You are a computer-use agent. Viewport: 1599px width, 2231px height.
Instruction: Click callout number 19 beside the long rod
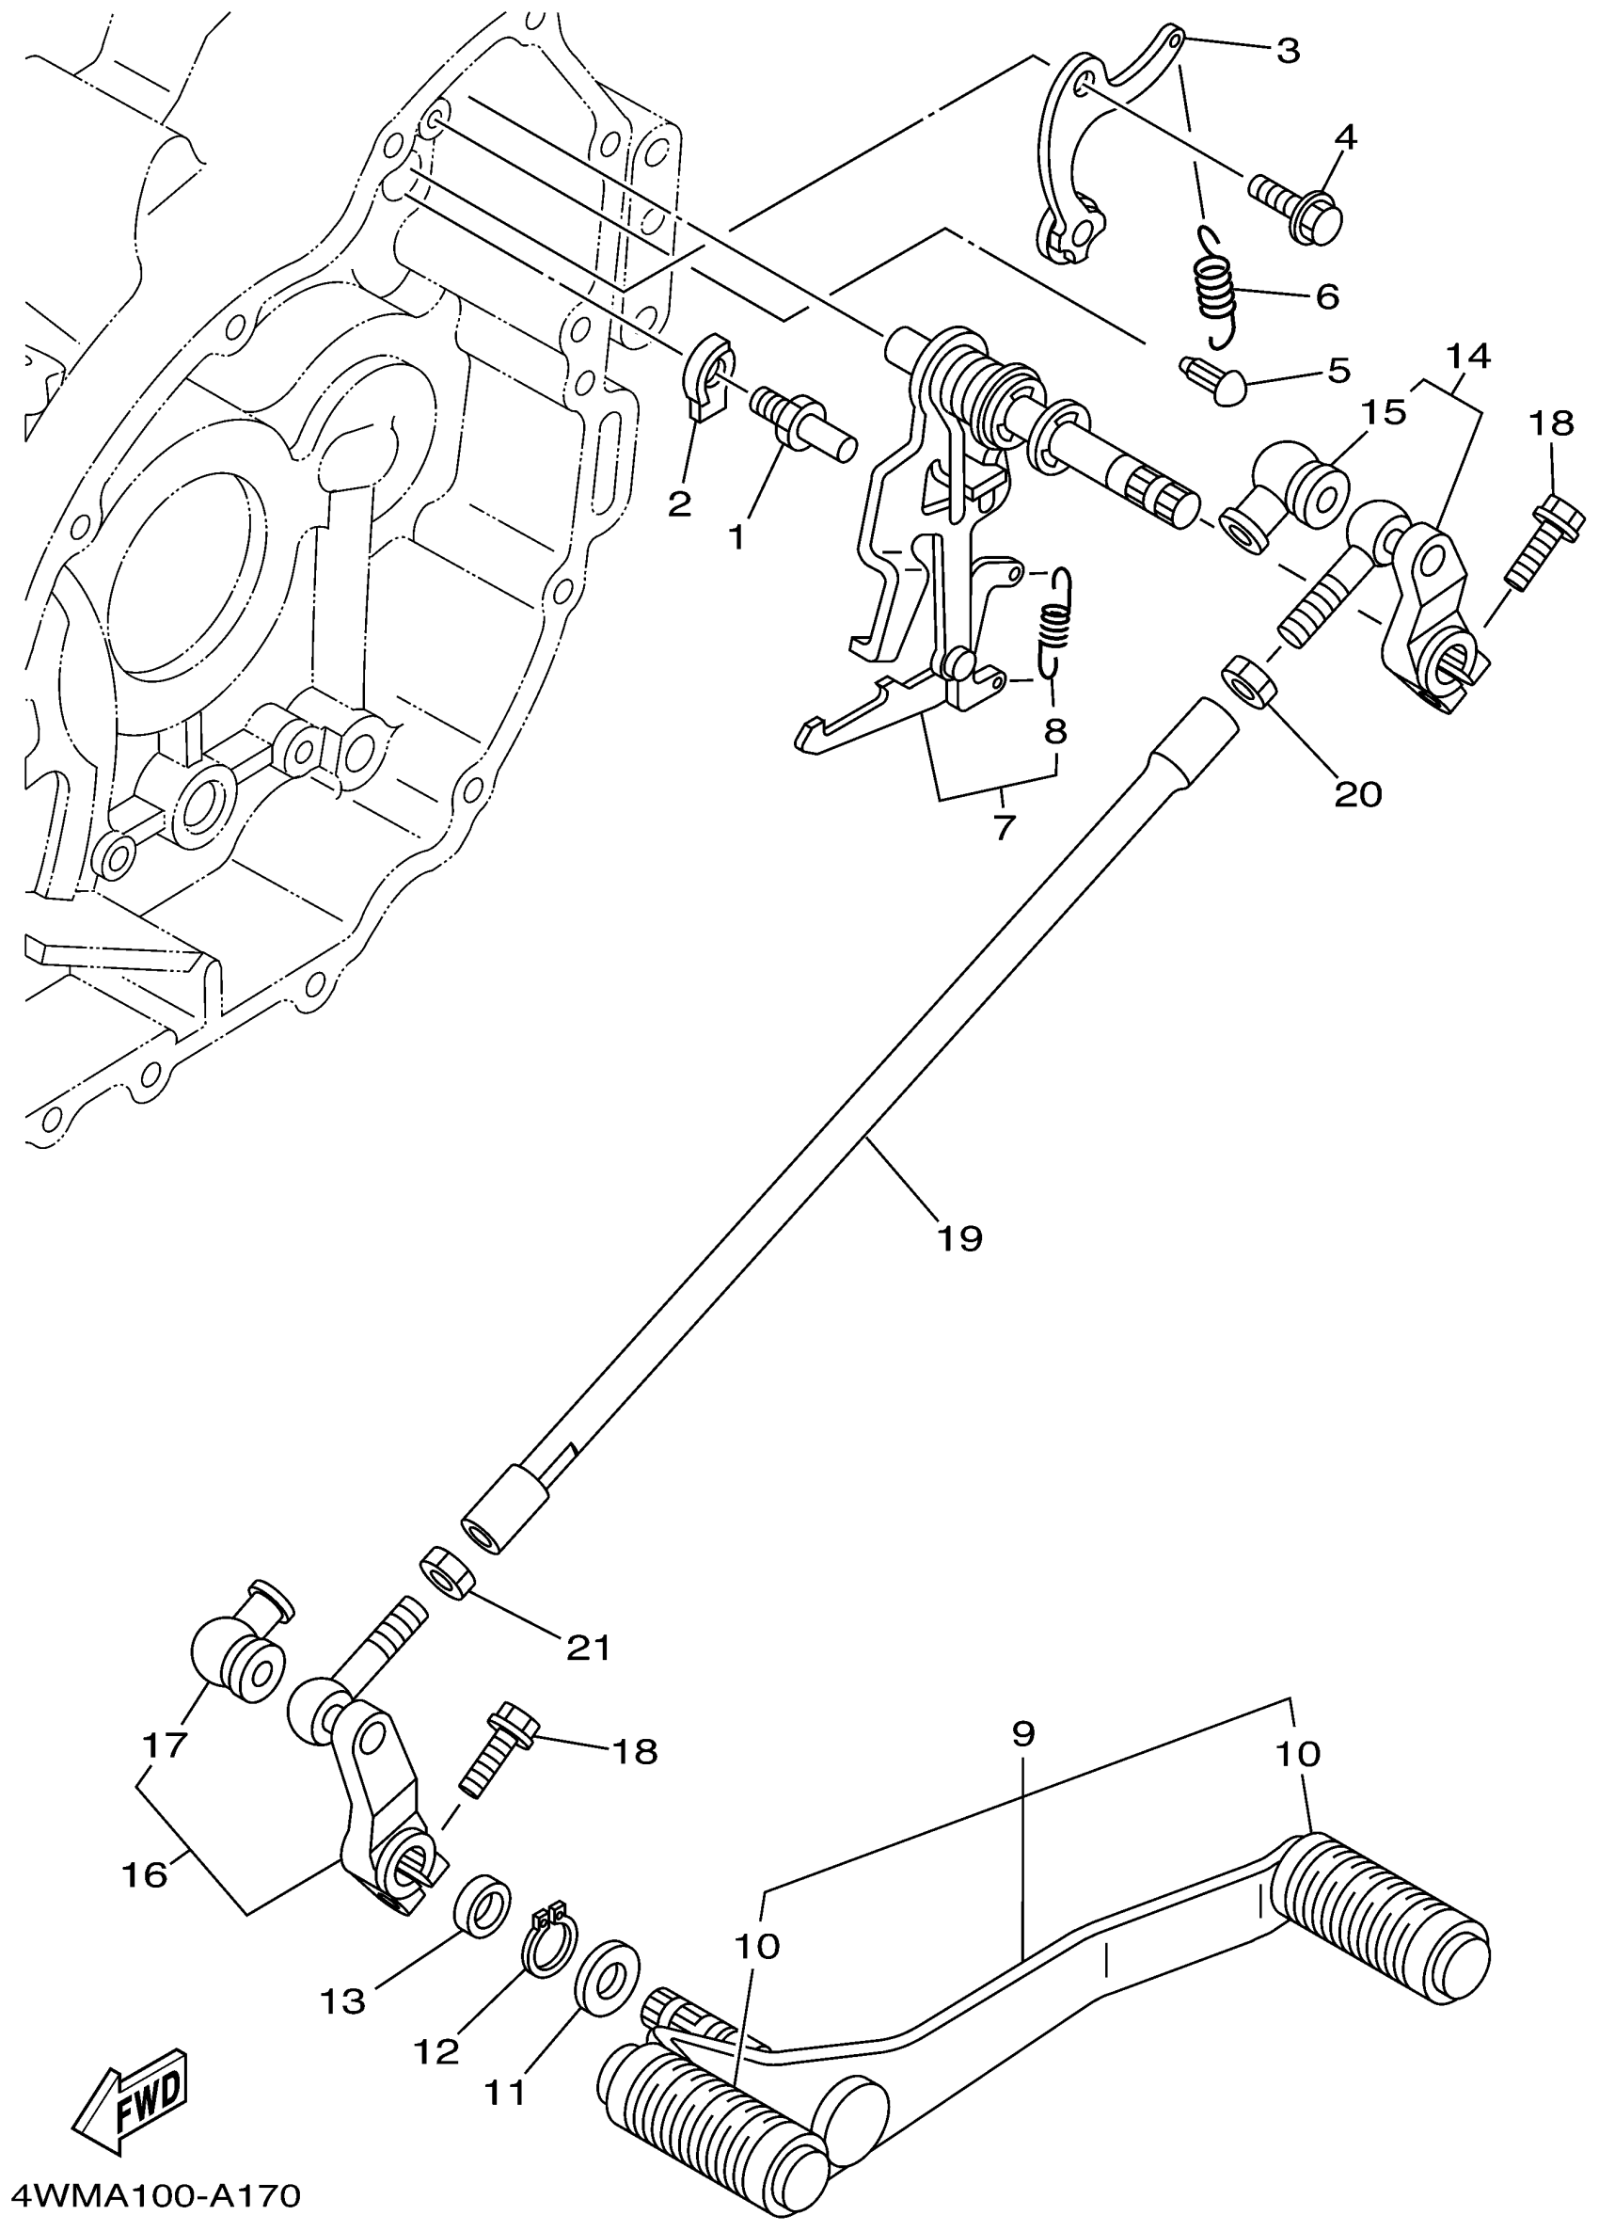(x=958, y=1236)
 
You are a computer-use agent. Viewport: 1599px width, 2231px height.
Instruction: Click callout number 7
(x=1002, y=827)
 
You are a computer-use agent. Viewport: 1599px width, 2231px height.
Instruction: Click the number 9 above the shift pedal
(x=1021, y=1732)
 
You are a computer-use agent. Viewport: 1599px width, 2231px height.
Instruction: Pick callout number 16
(x=145, y=1875)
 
